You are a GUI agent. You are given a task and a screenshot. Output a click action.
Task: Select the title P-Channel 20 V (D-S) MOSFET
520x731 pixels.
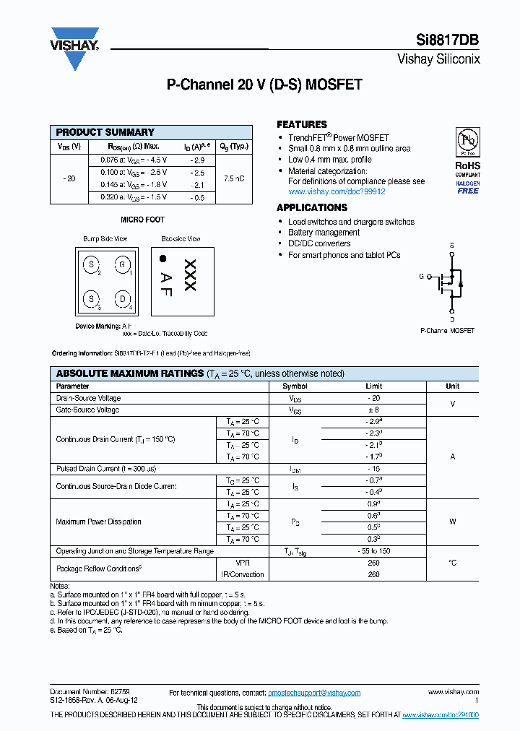[264, 85]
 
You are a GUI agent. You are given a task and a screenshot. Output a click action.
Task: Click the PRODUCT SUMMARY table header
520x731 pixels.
[105, 132]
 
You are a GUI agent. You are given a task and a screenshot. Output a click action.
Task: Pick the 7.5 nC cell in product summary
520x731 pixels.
[233, 178]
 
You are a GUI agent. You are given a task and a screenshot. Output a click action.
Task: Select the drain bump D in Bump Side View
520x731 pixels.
[123, 298]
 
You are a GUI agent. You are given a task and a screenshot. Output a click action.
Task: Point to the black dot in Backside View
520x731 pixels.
[163, 258]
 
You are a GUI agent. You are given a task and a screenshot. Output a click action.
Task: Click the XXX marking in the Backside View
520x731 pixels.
[190, 275]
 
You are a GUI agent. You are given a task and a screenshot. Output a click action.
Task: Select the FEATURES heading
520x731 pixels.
[302, 124]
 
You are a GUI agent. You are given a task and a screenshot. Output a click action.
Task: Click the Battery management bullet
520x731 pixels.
[324, 233]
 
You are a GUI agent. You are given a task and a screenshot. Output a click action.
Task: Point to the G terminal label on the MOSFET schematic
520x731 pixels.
[422, 276]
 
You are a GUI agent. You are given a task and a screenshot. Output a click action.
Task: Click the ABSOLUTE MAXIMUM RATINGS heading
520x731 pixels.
[130, 373]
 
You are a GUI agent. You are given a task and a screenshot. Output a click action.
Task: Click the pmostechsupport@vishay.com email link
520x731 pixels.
[314, 693]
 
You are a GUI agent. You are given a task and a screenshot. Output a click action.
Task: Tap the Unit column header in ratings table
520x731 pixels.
[452, 386]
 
